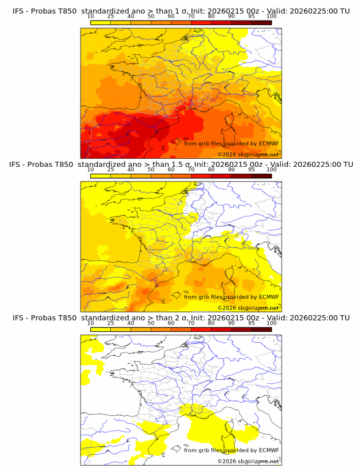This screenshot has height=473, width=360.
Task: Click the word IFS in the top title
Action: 19,10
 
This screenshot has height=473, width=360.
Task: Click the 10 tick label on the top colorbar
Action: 90,16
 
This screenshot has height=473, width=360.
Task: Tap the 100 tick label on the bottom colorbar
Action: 271,323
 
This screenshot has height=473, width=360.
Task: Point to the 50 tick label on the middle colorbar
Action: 151,170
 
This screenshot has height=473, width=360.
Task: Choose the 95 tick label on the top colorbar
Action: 251,16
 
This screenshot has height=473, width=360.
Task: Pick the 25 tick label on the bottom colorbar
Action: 110,323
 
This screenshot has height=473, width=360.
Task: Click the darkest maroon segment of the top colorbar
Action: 261,23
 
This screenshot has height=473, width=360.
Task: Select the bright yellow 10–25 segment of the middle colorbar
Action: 101,176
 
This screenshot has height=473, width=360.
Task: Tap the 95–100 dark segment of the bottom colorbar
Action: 261,330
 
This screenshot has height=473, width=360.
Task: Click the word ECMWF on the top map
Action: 269,143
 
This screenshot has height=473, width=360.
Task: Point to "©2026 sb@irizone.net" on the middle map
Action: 248,308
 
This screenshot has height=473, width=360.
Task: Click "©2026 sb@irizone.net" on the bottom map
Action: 248,461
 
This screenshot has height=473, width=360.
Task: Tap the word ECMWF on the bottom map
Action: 269,450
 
